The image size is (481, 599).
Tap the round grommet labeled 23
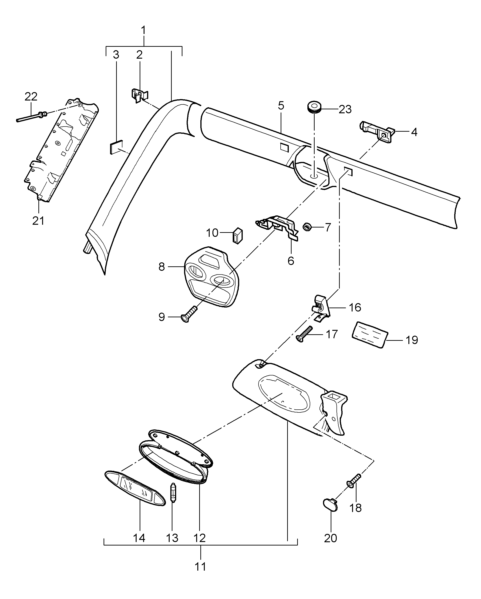(314, 107)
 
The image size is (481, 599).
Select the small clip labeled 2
(139, 95)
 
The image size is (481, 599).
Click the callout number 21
(38, 221)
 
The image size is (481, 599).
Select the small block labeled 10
(237, 236)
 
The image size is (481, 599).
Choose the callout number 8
(162, 267)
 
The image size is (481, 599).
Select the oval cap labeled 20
(330, 505)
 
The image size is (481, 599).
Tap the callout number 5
(281, 106)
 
